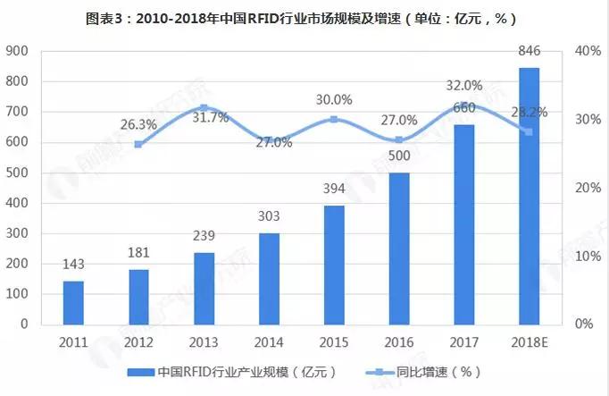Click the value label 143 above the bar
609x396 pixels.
click(x=74, y=265)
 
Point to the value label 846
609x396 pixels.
click(x=529, y=52)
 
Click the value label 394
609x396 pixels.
click(x=334, y=189)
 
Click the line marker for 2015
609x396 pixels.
click(x=334, y=119)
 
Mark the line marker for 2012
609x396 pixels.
click(x=138, y=144)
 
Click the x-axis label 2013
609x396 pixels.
click(x=204, y=342)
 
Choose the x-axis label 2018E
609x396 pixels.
click(x=529, y=342)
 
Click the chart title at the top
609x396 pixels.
click(x=304, y=17)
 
